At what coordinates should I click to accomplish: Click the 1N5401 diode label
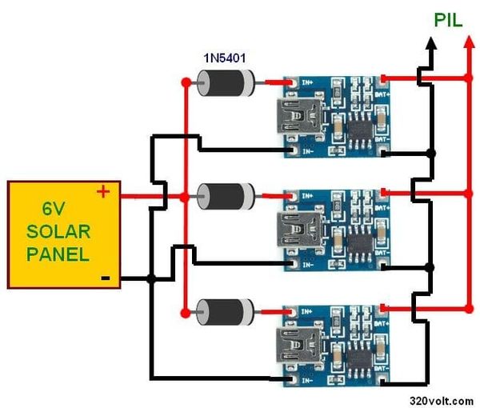tap(225, 58)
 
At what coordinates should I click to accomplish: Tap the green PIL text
tap(448, 20)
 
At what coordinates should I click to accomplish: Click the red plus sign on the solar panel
tap(102, 192)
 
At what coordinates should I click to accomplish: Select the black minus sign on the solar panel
tap(104, 278)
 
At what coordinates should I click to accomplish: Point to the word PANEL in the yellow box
tap(58, 254)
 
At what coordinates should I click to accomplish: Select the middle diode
tap(226, 194)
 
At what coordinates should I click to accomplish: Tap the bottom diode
tap(226, 308)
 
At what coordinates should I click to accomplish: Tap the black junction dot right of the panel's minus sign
tap(150, 278)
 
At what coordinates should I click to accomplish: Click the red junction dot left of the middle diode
tap(186, 194)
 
